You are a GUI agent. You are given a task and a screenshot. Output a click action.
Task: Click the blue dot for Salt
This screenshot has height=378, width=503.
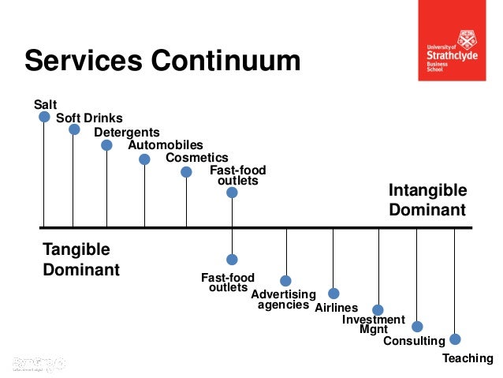44,117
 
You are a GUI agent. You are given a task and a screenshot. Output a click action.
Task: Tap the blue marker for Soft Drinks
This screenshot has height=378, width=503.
74,129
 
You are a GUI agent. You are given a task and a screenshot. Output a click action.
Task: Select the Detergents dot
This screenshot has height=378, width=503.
106,145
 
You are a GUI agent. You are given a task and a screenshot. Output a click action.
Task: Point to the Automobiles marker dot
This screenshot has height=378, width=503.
144,159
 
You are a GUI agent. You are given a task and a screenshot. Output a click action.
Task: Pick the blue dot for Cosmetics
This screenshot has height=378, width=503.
186,172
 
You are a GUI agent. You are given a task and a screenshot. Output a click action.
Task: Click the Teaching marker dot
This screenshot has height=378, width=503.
455,339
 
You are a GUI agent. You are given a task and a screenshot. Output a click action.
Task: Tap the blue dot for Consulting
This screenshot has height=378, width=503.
417,326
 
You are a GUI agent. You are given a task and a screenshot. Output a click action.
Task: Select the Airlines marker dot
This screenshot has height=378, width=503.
333,294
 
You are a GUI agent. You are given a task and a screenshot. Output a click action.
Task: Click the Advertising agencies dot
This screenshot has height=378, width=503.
286,281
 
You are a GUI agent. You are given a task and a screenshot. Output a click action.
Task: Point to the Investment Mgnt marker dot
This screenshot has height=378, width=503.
378,310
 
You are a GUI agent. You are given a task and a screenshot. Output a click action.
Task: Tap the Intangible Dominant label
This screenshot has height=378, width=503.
427,200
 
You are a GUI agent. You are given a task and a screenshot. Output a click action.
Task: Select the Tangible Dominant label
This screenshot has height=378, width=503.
80,260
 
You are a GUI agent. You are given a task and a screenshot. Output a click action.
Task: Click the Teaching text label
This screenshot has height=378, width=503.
467,358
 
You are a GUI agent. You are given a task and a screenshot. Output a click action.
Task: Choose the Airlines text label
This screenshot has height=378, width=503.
336,308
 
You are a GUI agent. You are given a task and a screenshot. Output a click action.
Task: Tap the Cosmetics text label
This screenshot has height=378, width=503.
196,158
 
